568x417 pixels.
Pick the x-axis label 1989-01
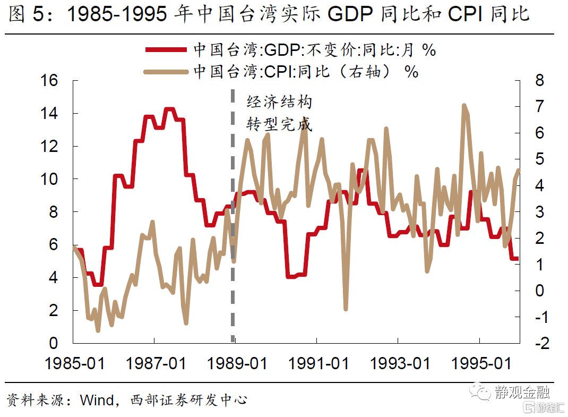(x=237, y=364)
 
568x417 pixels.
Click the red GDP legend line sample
(x=167, y=50)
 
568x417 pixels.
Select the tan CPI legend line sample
(x=167, y=71)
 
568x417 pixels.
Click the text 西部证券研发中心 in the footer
(x=188, y=399)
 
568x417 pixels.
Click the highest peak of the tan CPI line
(x=464, y=106)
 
